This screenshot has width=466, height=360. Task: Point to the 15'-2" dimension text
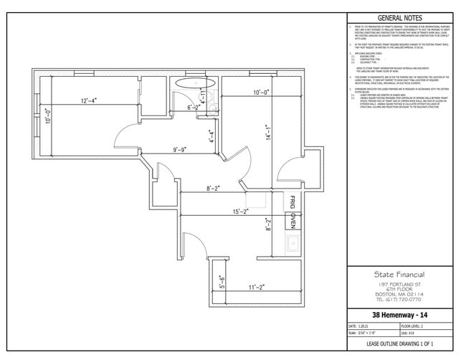pos(241,212)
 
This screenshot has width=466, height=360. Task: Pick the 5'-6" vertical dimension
pos(222,282)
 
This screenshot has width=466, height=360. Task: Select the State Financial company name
pos(399,274)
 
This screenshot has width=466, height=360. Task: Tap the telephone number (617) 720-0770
pos(399,299)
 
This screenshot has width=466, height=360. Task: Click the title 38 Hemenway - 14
pos(399,315)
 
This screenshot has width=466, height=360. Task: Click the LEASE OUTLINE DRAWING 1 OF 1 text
pos(399,345)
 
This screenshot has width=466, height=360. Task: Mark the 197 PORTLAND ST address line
pos(399,284)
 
